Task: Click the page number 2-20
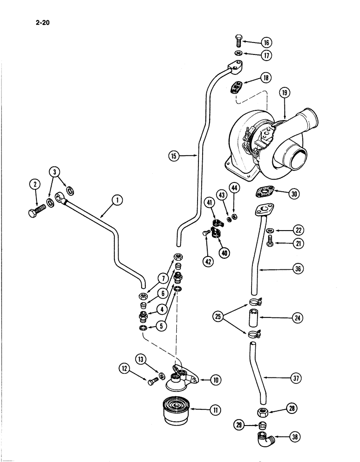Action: coord(42,20)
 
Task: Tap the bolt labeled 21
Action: coord(271,240)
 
